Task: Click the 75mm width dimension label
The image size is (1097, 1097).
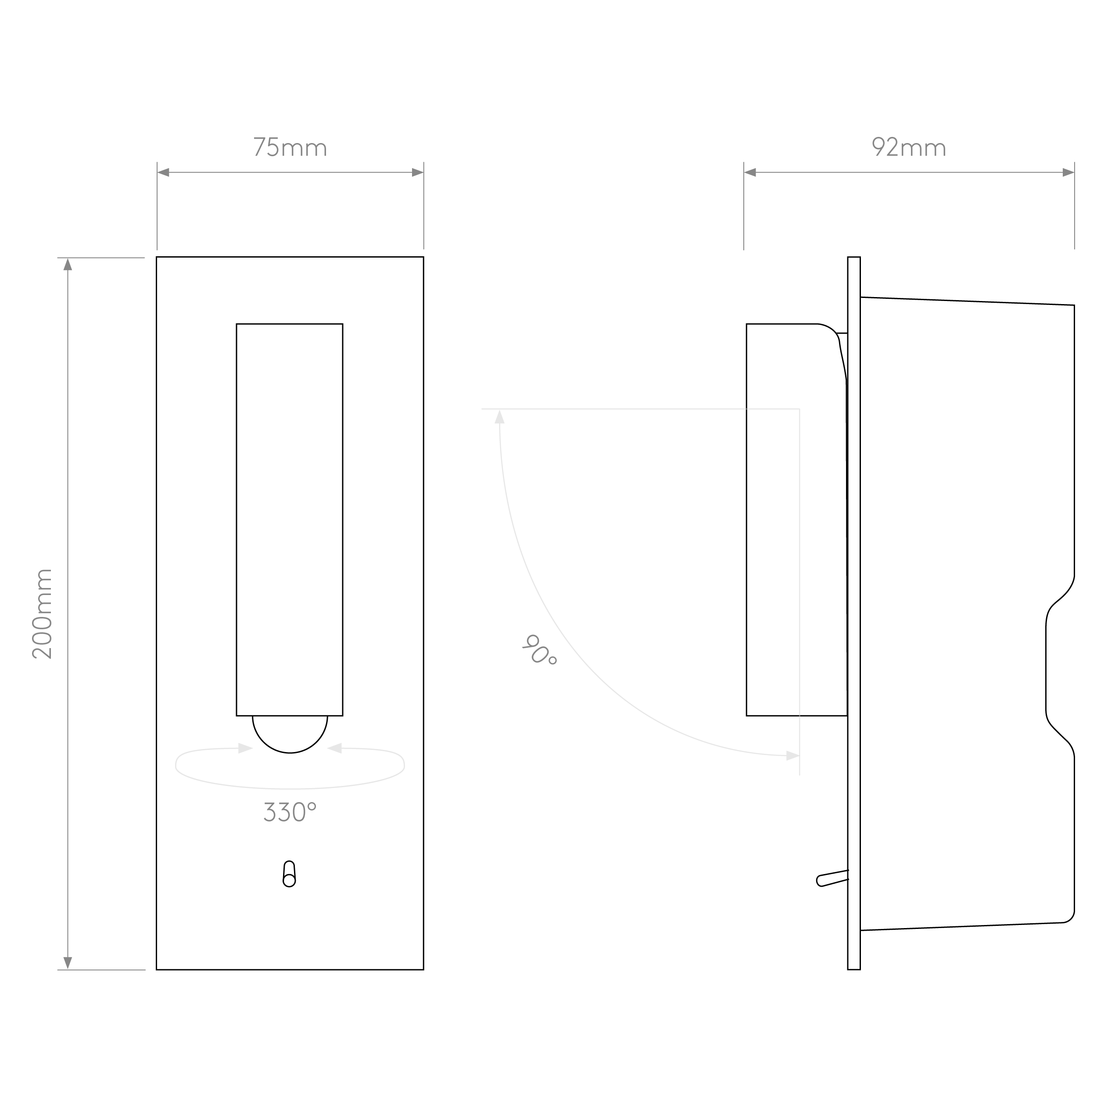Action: [x=290, y=147]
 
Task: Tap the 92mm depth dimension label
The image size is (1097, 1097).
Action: [x=908, y=147]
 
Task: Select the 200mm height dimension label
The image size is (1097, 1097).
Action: [x=43, y=613]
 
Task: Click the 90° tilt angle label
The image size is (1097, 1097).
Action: [x=539, y=650]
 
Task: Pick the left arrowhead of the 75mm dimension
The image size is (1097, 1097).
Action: [x=164, y=172]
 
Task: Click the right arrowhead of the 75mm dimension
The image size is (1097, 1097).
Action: [x=417, y=172]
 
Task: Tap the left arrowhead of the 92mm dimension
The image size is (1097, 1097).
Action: [x=750, y=172]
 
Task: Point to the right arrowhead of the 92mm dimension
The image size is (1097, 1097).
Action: [x=1068, y=172]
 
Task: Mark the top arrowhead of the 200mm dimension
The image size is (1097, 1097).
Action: [x=68, y=265]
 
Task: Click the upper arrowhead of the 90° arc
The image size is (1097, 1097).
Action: [x=500, y=417]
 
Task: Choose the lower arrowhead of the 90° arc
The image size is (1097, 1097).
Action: [x=792, y=756]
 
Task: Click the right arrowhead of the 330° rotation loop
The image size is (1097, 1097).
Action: [x=335, y=748]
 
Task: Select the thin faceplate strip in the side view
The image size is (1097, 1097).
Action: [x=853, y=613]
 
